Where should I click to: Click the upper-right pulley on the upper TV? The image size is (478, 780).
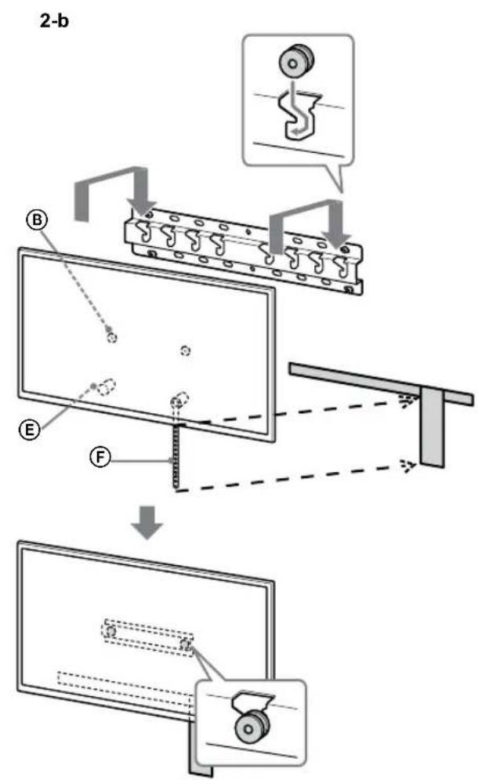click(185, 350)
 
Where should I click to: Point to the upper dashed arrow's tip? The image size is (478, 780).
click(404, 400)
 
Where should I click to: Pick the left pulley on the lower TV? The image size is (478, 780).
click(111, 629)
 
